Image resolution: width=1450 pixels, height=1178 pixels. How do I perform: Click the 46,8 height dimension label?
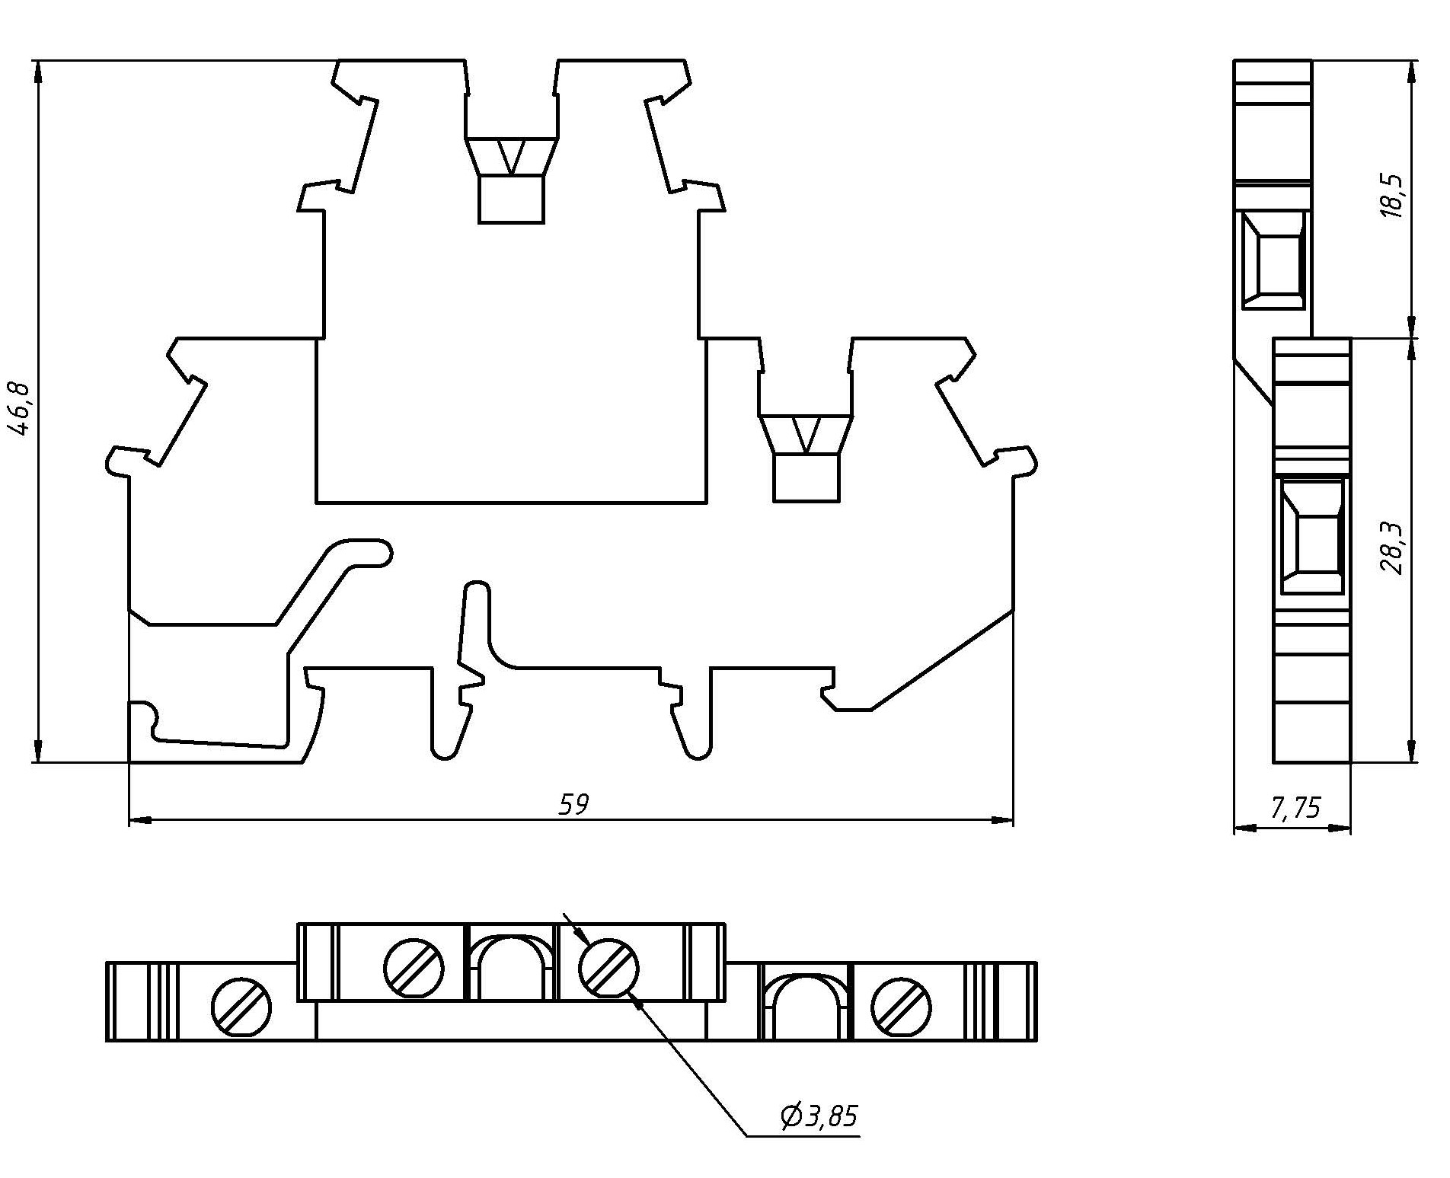click(21, 409)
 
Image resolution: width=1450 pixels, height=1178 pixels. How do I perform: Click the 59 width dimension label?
click(574, 804)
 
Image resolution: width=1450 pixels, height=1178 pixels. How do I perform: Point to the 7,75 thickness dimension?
click(1295, 808)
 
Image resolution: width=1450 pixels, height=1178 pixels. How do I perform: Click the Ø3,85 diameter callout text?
click(819, 1116)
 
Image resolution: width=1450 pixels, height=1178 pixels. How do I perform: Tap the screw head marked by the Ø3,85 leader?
click(608, 968)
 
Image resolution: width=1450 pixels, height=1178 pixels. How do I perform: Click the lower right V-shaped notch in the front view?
click(806, 435)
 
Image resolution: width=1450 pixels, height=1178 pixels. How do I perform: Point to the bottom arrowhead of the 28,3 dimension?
click(1413, 752)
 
